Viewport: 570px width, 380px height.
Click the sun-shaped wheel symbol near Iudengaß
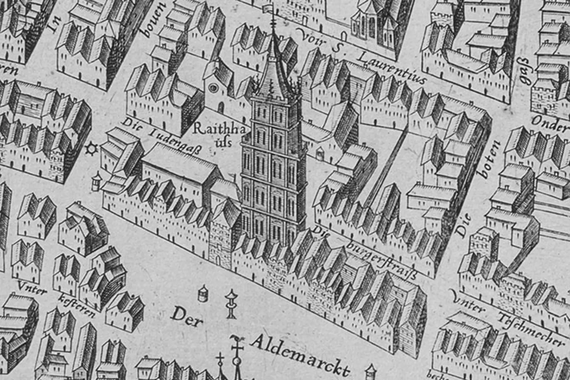click(91, 149)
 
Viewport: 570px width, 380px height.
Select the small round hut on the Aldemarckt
click(203, 294)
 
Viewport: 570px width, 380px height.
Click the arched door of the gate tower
click(218, 260)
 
